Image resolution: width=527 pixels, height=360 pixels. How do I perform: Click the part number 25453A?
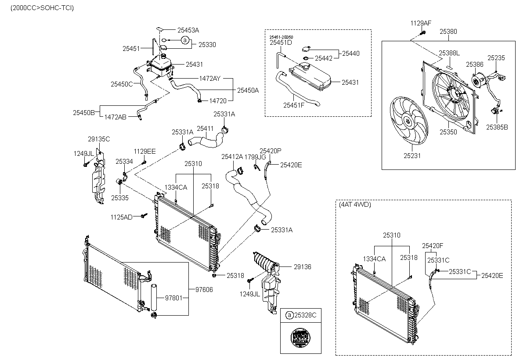[x=188, y=30]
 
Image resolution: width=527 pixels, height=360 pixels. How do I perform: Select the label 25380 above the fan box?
[x=448, y=32]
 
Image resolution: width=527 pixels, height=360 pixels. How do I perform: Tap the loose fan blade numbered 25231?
[x=408, y=120]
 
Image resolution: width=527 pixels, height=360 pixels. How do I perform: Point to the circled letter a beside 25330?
[x=184, y=40]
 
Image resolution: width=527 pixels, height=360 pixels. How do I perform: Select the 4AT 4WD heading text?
[x=354, y=205]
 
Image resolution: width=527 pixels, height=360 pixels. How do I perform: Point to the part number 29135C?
[x=99, y=139]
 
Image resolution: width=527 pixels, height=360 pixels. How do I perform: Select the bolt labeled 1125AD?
[x=144, y=216]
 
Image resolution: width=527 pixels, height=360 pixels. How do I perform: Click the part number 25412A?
[x=232, y=156]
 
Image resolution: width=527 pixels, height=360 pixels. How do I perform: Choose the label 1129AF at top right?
[x=421, y=22]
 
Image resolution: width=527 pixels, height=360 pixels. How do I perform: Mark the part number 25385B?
[x=497, y=127]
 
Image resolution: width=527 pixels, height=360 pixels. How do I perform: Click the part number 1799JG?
[x=255, y=156]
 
